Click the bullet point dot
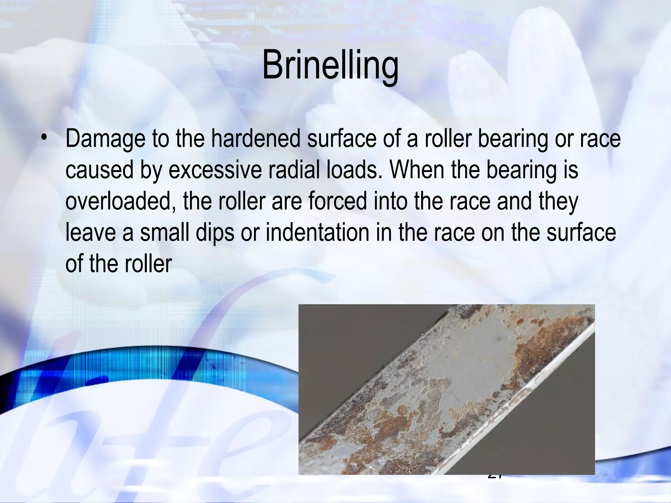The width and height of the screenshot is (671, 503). coord(43,139)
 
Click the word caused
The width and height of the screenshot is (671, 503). coord(99,170)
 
